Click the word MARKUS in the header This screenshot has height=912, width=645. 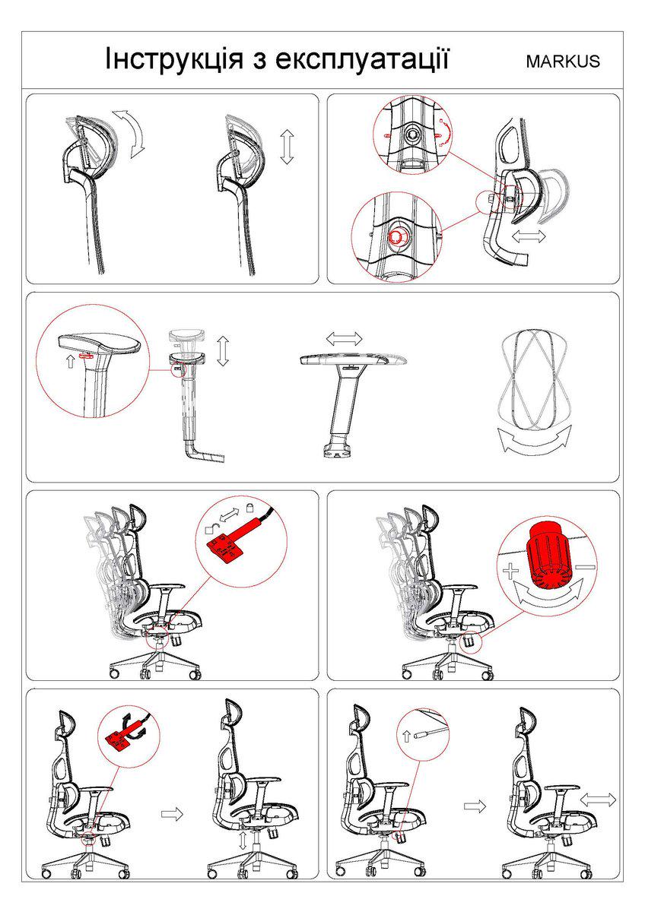563,62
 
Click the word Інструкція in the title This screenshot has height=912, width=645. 174,59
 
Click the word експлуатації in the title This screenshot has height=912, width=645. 362,59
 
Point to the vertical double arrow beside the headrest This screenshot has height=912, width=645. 288,147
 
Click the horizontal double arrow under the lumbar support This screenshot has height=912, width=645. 529,236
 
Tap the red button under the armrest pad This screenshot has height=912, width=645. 87,356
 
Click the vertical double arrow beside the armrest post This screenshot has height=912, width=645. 223,350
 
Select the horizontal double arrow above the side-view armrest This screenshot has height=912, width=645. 345,338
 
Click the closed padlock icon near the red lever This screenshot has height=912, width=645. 249,507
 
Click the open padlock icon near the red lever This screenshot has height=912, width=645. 210,529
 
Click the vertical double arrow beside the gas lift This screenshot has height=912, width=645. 243,841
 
